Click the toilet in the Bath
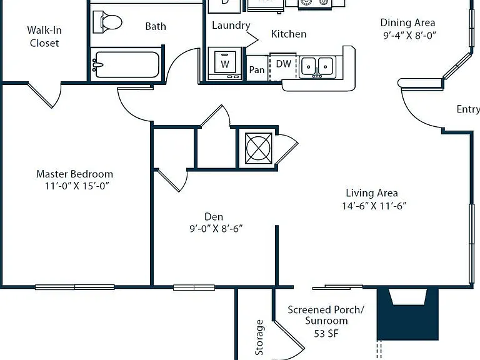pos(107,22)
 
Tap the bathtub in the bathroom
pos(126,64)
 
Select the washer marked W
pos(225,64)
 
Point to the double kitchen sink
pos(317,67)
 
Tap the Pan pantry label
pos(256,70)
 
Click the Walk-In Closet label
pos(44,36)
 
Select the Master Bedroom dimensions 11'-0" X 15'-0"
pos(77,186)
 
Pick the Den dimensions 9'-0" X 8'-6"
pos(216,228)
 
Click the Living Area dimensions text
pos(374,206)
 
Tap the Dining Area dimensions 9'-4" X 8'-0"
pos(409,36)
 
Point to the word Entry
pos(468,109)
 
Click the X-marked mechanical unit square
pos(259,148)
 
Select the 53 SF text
pos(326,333)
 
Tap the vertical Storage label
pos(259,337)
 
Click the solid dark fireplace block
pos(407,314)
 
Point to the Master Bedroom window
pos(75,287)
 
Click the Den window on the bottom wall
pos(194,287)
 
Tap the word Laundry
pos(231,26)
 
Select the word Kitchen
pos(289,34)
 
